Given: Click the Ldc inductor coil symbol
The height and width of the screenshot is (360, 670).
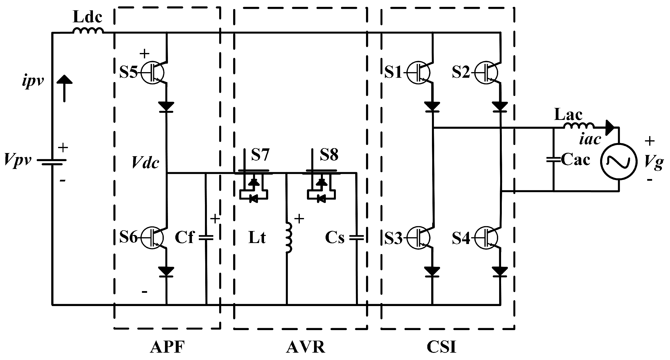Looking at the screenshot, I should (88, 31).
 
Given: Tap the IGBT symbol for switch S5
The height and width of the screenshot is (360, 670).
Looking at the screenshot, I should (153, 72).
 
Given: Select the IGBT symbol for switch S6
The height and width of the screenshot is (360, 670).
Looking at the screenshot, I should (153, 237).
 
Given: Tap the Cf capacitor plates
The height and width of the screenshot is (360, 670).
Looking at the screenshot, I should (206, 237).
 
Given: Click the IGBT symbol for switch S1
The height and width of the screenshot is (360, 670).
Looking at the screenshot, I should (418, 72).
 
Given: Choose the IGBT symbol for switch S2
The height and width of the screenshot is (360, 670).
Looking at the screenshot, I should (486, 72).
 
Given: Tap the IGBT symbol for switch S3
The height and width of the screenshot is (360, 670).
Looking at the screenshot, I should (418, 237).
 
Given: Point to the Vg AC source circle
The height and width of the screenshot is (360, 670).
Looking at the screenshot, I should (619, 161).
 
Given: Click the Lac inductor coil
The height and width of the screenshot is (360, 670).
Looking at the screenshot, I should (579, 126).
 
